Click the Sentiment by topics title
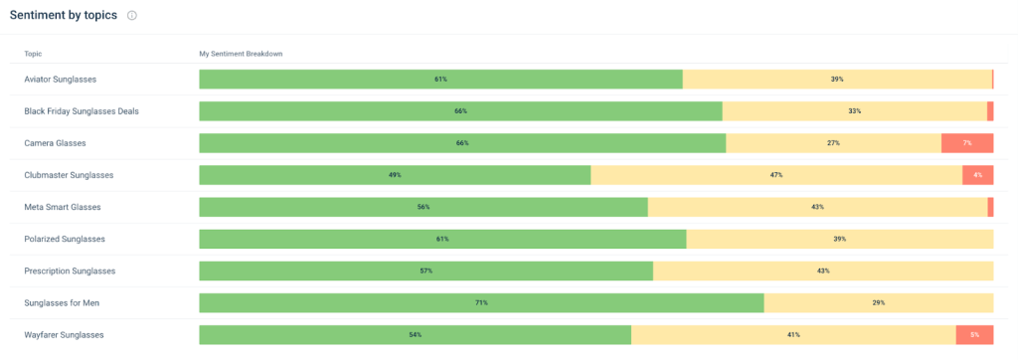pos(64,15)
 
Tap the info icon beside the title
pos(132,16)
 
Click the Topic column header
pos(33,53)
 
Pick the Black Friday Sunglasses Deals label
pos(82,111)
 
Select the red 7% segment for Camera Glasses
pos(967,143)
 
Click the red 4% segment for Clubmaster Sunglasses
pos(977,175)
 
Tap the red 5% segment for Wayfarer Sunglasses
pos(974,335)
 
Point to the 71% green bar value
pos(481,303)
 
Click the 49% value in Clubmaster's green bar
pos(395,175)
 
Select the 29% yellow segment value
pos(879,303)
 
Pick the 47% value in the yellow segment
pos(776,175)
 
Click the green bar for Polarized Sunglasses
pos(442,239)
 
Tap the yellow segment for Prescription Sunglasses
pos(823,270)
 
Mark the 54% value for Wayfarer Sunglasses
pos(415,335)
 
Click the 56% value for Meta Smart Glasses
pos(424,207)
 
